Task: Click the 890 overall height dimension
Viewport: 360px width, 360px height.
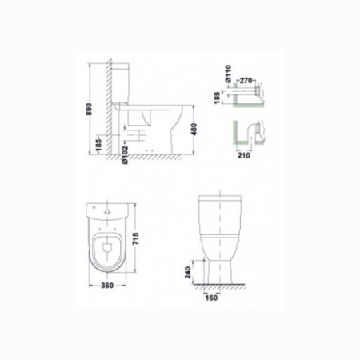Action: coord(89,109)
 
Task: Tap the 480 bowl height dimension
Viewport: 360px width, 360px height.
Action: coord(194,129)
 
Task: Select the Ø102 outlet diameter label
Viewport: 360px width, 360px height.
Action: coord(125,155)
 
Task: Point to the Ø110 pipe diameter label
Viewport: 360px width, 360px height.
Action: coord(228,73)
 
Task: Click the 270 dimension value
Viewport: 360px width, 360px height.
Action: coord(246,80)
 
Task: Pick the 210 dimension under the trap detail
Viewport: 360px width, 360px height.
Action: coord(244,155)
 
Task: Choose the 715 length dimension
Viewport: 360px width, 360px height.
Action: coord(135,239)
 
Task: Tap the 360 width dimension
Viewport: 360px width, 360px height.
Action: coord(107,286)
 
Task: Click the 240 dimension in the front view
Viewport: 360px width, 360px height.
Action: coord(188,272)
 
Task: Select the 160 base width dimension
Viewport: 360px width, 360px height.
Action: coord(211,298)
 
